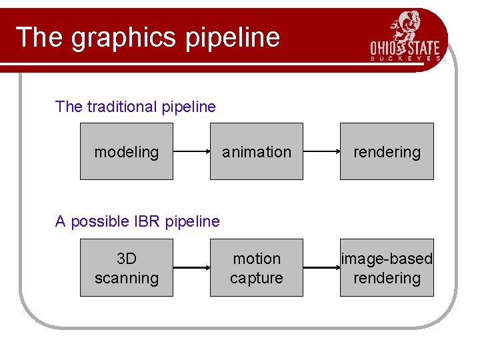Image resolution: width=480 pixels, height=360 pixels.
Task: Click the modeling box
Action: (127, 152)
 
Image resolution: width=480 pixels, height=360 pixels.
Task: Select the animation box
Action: (257, 152)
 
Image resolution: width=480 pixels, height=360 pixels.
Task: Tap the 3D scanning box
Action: (127, 268)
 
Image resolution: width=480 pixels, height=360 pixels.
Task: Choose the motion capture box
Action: (257, 268)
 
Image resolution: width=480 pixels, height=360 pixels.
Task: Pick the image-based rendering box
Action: (387, 268)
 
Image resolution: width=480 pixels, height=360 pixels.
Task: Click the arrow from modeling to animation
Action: (191, 152)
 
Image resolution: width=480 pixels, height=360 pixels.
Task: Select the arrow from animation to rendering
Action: (321, 152)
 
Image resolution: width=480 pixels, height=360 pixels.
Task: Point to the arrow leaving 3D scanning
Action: (191, 268)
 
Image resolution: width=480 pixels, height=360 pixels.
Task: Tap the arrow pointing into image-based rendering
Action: (321, 268)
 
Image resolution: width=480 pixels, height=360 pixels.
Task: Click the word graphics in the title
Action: (124, 38)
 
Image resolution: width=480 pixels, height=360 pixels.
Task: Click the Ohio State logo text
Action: (405, 48)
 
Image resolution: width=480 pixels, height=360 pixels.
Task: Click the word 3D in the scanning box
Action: (127, 259)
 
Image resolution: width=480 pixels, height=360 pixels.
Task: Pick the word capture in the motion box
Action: (257, 278)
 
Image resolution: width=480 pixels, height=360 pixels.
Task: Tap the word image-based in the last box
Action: (387, 259)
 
